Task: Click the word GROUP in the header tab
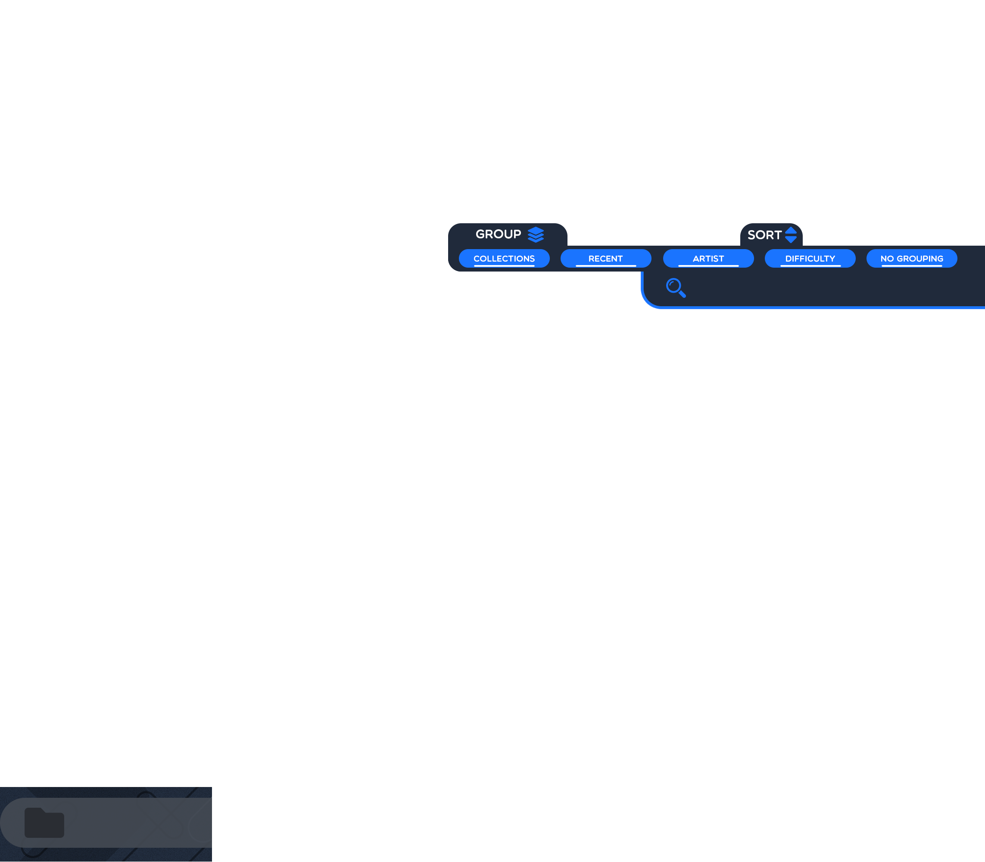coord(498,234)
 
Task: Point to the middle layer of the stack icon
coord(535,236)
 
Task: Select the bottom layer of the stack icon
coord(535,240)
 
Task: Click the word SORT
coord(764,235)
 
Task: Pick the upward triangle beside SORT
coord(791,230)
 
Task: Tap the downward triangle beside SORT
coord(791,240)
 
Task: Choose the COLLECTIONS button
coord(504,258)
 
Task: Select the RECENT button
coord(605,258)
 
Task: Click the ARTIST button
coord(708,258)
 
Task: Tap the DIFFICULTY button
coord(810,258)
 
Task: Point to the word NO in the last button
coord(887,258)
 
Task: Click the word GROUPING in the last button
coord(920,258)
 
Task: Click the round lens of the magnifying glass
coord(673,286)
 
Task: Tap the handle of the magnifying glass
coord(683,294)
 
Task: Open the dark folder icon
coord(44,822)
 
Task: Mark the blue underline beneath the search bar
coord(818,307)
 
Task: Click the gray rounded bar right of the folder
coord(135,822)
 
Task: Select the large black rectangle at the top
coord(492,111)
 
